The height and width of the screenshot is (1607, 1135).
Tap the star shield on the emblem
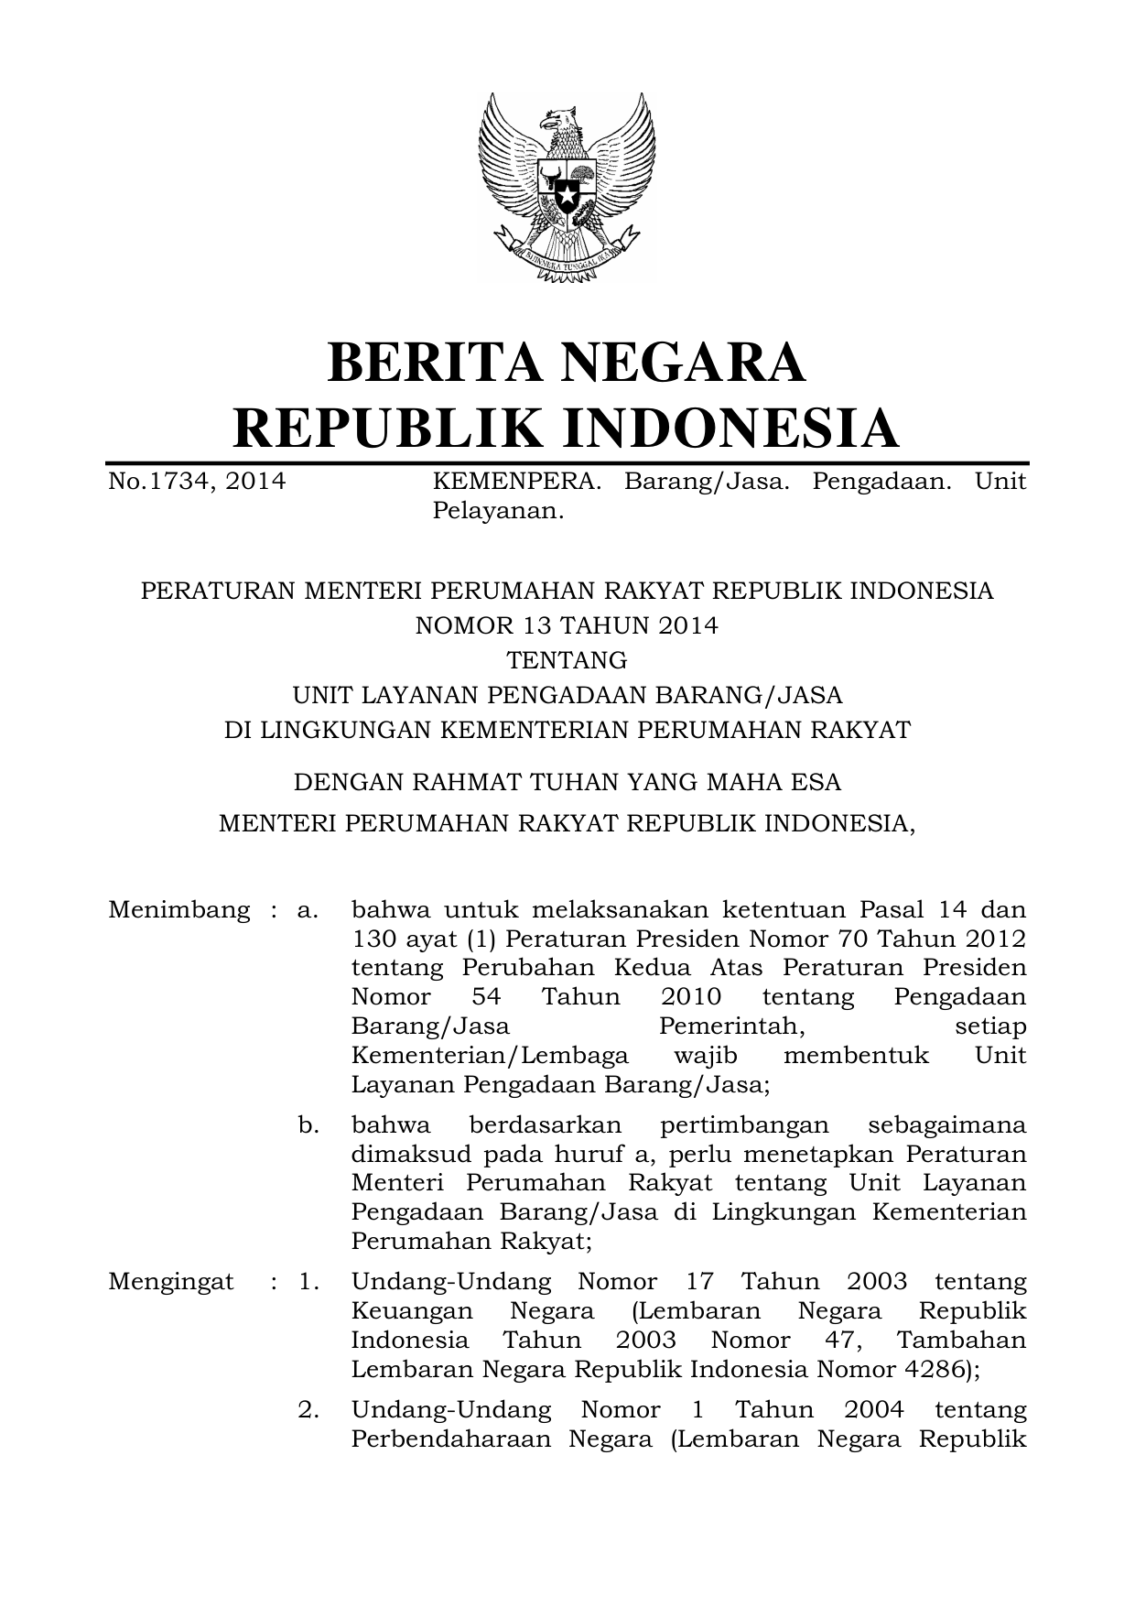[x=567, y=194]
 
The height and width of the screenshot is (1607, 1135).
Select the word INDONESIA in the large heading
[x=730, y=428]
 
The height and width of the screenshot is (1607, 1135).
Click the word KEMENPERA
[x=516, y=481]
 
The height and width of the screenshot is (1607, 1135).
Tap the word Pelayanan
[x=497, y=510]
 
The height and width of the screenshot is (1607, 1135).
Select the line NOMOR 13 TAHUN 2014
[x=567, y=625]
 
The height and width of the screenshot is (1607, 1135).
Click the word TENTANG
[x=567, y=660]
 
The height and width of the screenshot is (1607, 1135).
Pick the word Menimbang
[x=178, y=910]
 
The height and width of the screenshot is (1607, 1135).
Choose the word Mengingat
[x=170, y=1281]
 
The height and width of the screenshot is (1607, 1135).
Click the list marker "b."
[x=308, y=1124]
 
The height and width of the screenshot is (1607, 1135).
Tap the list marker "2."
[x=308, y=1409]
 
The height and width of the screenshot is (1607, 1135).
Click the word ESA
[x=816, y=783]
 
